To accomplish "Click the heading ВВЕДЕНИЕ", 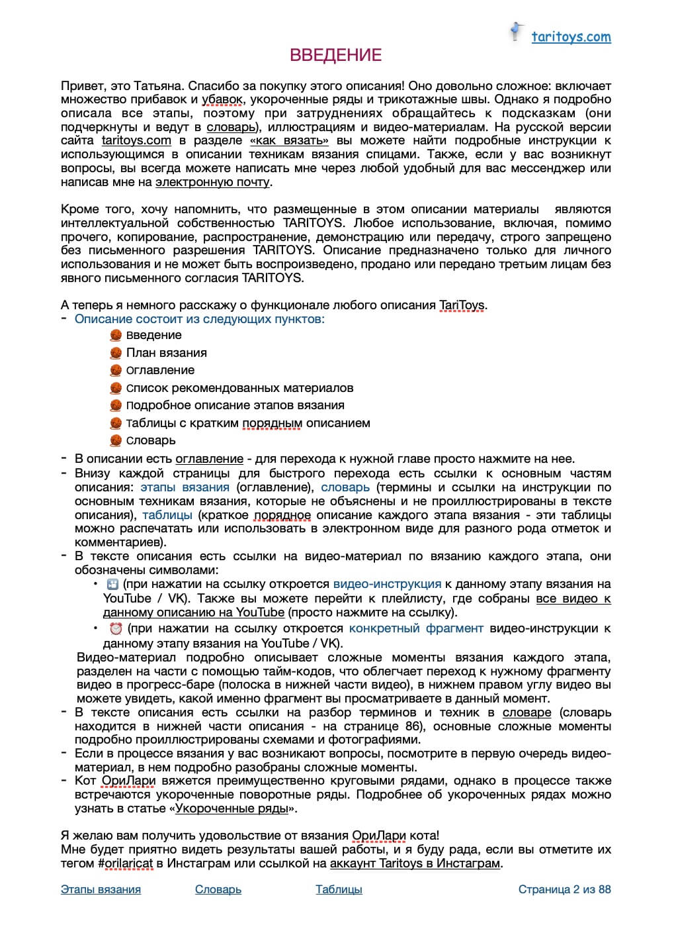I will tap(336, 55).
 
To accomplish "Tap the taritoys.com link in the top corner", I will tap(571, 37).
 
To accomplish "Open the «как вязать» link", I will tap(290, 141).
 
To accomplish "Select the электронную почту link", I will tap(212, 182).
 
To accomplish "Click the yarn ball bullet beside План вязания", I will tap(116, 353).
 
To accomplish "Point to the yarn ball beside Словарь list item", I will tap(116, 440).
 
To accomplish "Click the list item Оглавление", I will tap(160, 370).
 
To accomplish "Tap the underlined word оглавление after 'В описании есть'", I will tap(209, 459).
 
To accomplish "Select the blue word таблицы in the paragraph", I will tap(167, 515).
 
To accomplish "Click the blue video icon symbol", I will tap(112, 584).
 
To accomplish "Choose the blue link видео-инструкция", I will tap(387, 584).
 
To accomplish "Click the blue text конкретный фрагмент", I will tap(416, 628).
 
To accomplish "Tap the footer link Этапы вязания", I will tap(101, 889).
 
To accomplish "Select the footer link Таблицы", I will tap(339, 889).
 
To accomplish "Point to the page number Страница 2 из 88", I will tap(564, 889).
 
